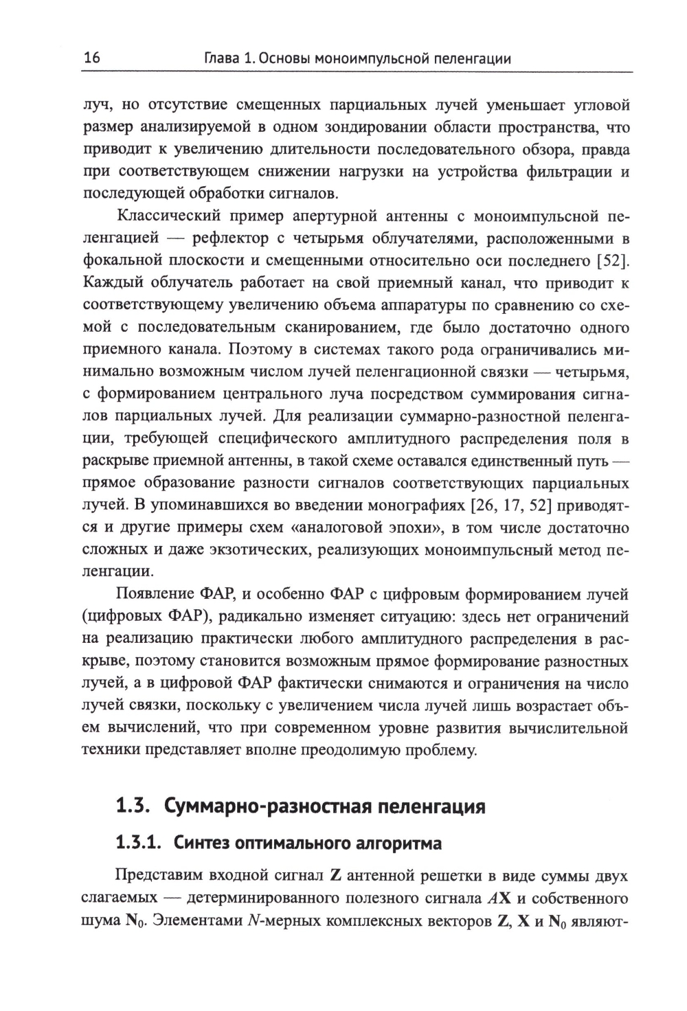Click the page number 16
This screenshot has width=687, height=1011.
point(91,58)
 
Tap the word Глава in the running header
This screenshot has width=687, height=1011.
point(213,58)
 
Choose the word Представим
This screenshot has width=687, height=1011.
point(161,876)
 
